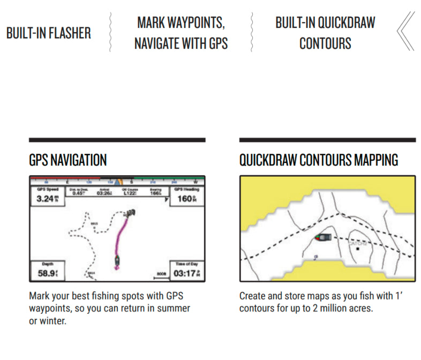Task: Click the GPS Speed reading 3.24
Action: (x=46, y=199)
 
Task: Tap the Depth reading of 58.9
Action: (x=45, y=274)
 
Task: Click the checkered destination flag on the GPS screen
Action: (x=129, y=215)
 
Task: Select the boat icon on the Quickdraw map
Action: (x=324, y=237)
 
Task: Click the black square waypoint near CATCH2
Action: (x=358, y=249)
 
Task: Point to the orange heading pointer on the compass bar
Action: (x=117, y=182)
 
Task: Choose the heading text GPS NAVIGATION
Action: (x=67, y=160)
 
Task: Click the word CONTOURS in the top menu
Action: (x=325, y=43)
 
